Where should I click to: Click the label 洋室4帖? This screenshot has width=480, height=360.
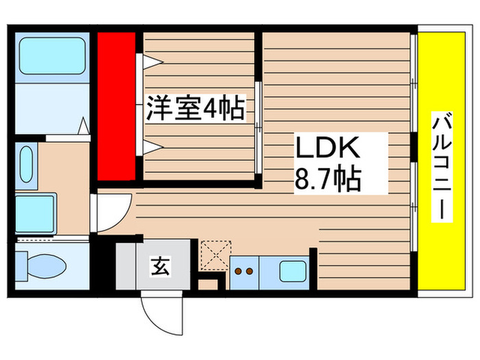pos(195,108)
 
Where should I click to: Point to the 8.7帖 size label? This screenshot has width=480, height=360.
pos(327,181)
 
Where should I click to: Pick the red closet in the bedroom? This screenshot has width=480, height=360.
pos(116,104)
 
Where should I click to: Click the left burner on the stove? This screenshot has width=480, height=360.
pos(238,272)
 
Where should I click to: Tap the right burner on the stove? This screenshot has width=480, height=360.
pos(250,272)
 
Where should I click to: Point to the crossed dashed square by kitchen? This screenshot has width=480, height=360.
pos(216,254)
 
